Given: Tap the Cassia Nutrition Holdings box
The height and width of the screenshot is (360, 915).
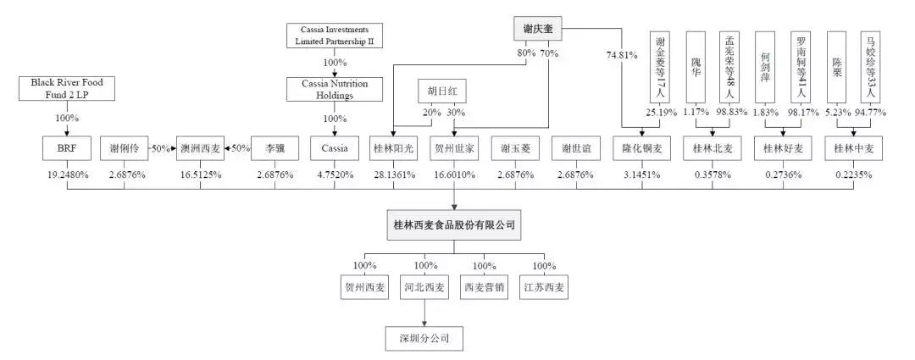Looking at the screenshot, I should [x=334, y=90].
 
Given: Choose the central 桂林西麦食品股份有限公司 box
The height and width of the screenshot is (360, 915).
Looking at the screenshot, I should [x=454, y=226].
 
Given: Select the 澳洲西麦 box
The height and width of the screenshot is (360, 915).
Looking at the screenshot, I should [x=201, y=148].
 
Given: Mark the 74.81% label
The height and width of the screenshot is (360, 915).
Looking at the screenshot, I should [x=621, y=56].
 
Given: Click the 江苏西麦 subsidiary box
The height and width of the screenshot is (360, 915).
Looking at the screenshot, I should [x=545, y=288].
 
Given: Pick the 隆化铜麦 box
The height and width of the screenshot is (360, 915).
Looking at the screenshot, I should [x=643, y=148].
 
